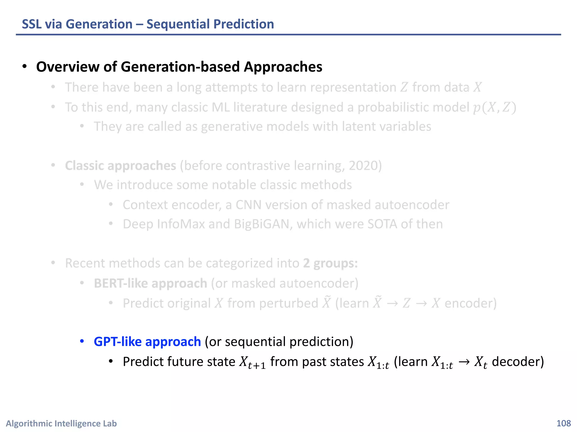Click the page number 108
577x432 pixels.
coord(563,423)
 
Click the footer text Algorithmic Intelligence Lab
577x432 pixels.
coord(61,423)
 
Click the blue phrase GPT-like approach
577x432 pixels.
coord(147,341)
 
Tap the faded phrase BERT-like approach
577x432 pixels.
coord(150,283)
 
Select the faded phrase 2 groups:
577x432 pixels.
coord(330,263)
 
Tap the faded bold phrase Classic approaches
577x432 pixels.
coord(120,166)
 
